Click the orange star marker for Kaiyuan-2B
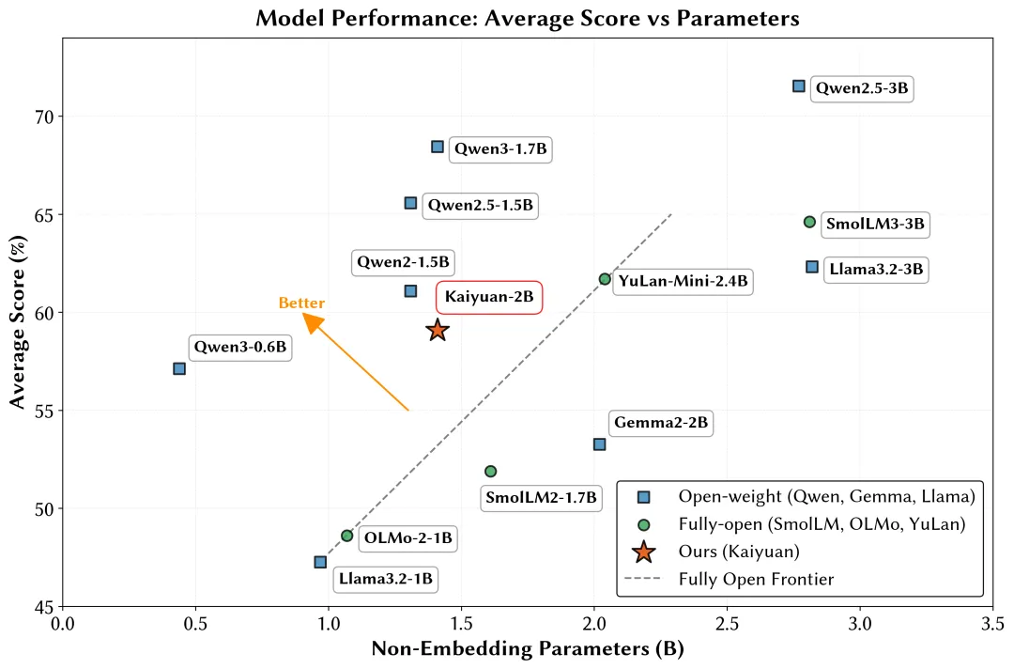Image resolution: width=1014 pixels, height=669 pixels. [438, 330]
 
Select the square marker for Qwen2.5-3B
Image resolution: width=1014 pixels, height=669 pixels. [799, 86]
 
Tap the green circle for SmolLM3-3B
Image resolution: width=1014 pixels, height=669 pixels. [809, 222]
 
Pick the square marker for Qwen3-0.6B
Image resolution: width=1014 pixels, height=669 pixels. [179, 368]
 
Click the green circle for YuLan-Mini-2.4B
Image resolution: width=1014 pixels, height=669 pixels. [605, 279]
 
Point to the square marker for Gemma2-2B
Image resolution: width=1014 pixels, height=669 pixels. [599, 443]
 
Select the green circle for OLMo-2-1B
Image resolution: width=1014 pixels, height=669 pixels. [347, 536]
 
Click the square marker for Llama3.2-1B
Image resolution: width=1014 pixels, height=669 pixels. [320, 562]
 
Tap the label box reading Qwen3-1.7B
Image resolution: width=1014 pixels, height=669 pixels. [500, 148]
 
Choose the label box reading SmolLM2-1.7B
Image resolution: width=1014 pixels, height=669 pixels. [540, 498]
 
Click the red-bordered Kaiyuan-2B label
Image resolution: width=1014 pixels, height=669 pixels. [489, 297]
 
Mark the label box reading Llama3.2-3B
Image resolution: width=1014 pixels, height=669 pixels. [876, 270]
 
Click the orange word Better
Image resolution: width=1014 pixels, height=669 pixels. [301, 303]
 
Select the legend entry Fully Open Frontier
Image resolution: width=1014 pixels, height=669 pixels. [756, 580]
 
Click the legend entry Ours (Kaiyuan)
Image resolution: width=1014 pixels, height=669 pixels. [745, 552]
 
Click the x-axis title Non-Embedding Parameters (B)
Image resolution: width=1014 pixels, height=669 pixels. [528, 649]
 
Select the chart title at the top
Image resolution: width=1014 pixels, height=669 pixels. [527, 17]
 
